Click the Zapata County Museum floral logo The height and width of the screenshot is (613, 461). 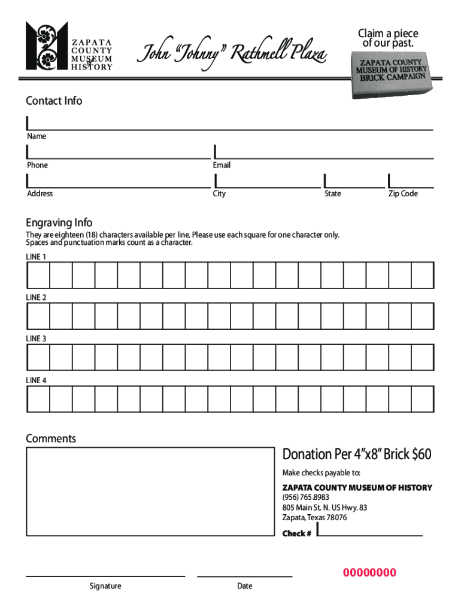click(x=47, y=46)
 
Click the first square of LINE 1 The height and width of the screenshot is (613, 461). click(x=38, y=275)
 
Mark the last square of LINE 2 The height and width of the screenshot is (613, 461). click(x=422, y=316)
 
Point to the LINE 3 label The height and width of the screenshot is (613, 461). click(x=36, y=339)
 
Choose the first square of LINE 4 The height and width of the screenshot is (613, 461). click(x=38, y=399)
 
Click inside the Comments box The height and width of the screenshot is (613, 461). click(x=150, y=491)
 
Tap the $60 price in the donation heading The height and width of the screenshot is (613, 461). click(x=421, y=454)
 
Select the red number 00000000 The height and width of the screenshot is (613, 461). click(x=369, y=573)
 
